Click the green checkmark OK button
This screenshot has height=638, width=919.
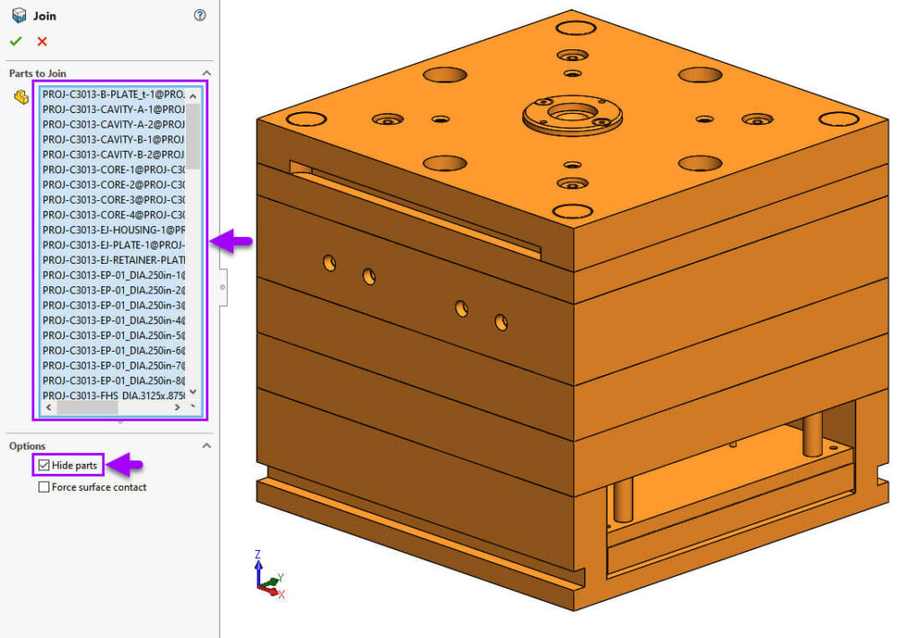(15, 41)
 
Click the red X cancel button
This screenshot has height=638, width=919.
(42, 41)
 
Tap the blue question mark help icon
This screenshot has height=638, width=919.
(200, 15)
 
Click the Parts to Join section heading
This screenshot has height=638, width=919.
(38, 74)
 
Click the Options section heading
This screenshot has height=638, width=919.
(27, 446)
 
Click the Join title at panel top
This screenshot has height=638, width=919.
(46, 15)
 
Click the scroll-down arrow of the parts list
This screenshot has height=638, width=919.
(193, 393)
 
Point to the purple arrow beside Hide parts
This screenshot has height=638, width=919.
(127, 465)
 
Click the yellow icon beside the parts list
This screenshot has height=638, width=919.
(21, 97)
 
